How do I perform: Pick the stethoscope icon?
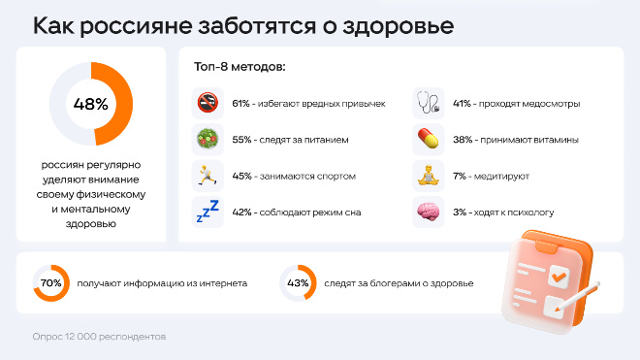pyautogui.click(x=428, y=102)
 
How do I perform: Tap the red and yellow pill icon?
pyautogui.click(x=428, y=139)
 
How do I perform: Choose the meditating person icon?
pyautogui.click(x=428, y=176)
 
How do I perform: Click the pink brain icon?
pyautogui.click(x=428, y=212)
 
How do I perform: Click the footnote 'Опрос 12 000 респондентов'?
pyautogui.click(x=98, y=337)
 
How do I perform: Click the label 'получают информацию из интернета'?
pyautogui.click(x=162, y=283)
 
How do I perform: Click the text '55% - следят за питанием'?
pyautogui.click(x=291, y=140)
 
